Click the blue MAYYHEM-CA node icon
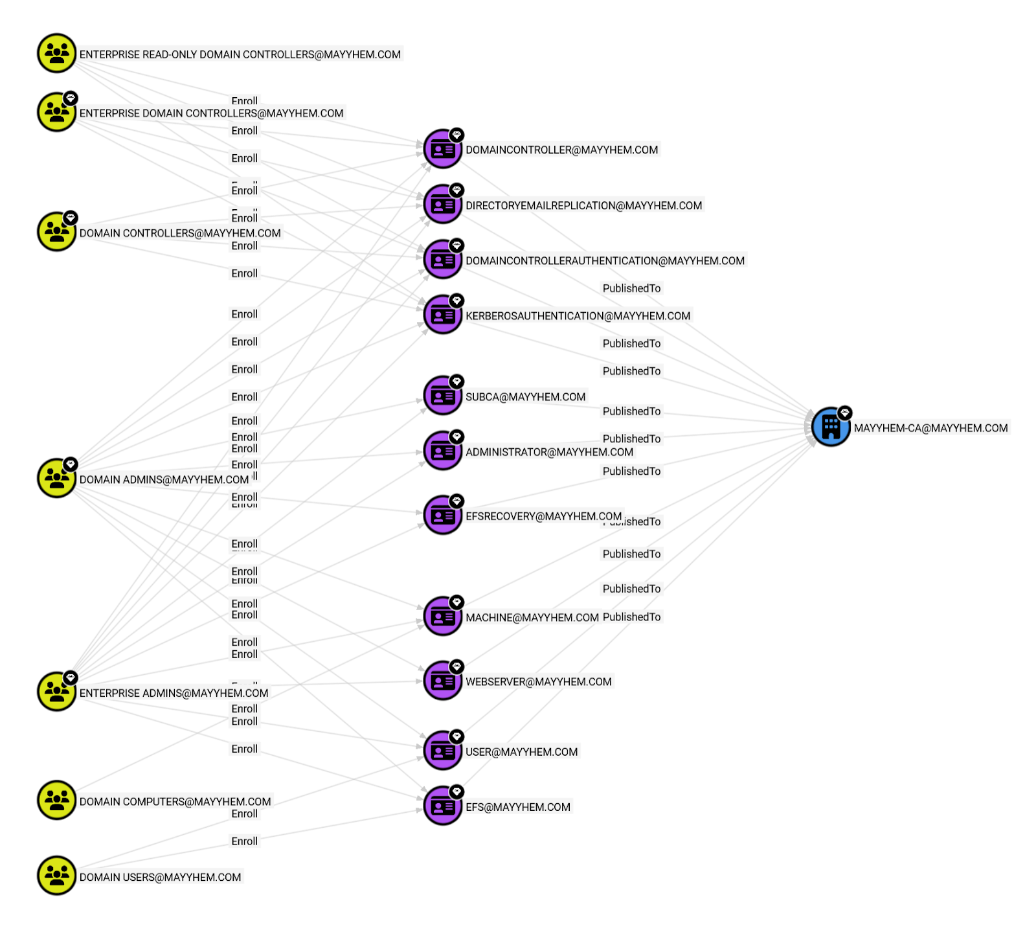(831, 427)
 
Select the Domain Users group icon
(57, 876)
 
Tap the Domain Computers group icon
(57, 800)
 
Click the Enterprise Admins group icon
(57, 691)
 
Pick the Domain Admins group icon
(57, 478)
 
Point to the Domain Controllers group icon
(57, 231)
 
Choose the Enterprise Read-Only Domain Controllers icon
(57, 53)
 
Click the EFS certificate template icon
(443, 806)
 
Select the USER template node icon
(443, 751)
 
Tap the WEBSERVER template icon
(443, 681)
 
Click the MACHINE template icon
(443, 616)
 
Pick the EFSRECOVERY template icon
(443, 515)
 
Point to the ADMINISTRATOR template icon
(443, 451)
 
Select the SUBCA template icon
(443, 396)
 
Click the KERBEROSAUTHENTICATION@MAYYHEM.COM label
(578, 316)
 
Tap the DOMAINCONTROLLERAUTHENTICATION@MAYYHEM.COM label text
(605, 261)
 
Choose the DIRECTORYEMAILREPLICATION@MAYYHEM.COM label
(583, 206)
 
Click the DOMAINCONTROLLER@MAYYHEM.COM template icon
(443, 149)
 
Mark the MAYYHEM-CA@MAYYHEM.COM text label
(930, 428)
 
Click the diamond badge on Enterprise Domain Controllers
(71, 98)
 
